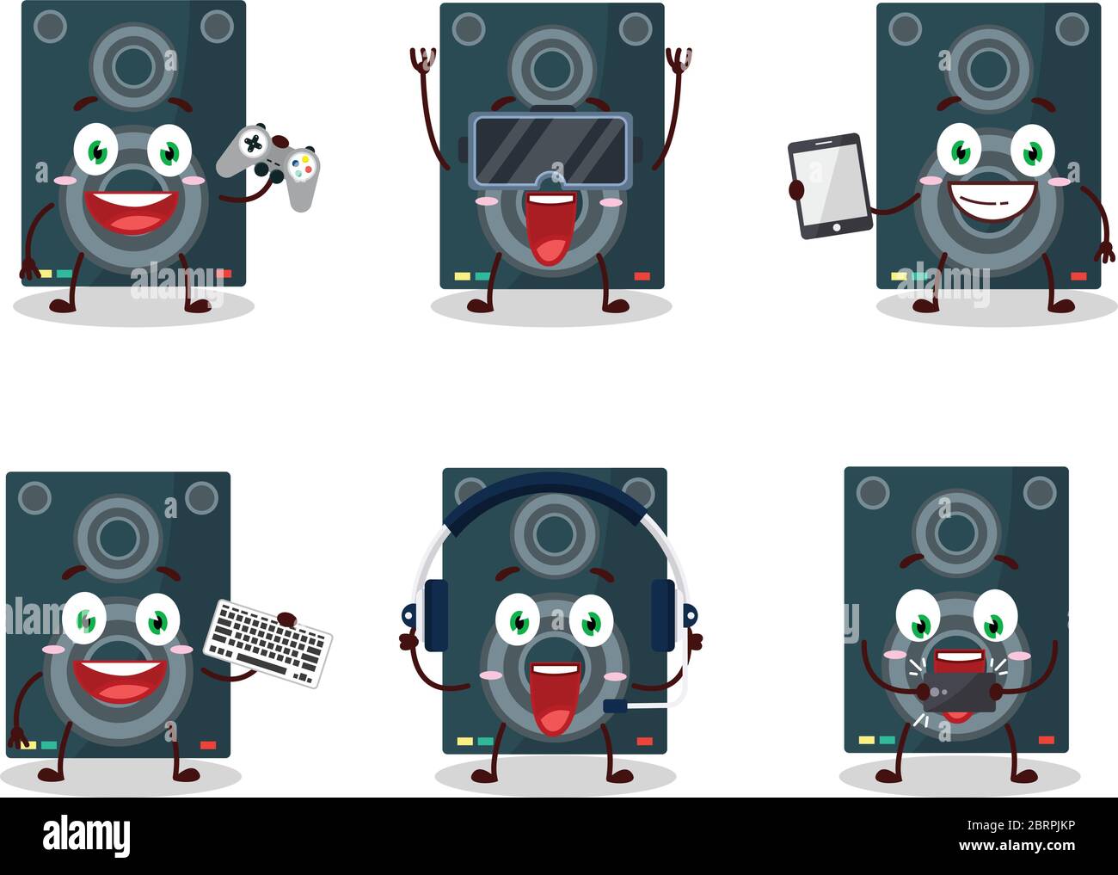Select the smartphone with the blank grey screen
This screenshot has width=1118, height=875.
point(824,185)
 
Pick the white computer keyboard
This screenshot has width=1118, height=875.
point(267,642)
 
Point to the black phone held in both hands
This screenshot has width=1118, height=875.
point(958,691)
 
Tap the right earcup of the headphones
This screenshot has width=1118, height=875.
point(662,613)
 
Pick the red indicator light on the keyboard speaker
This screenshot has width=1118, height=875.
point(208,744)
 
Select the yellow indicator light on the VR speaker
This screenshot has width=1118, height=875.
point(462,277)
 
